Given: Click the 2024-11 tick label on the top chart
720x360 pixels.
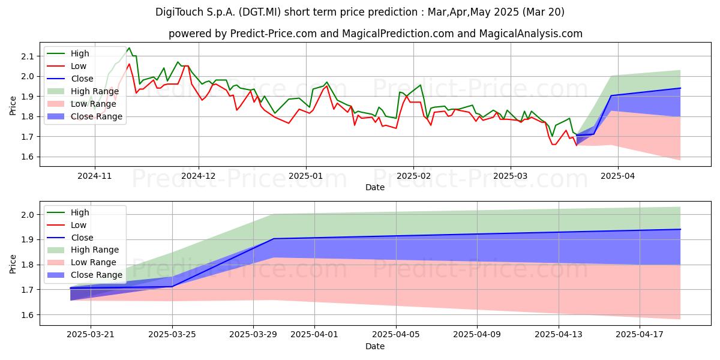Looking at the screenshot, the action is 95,176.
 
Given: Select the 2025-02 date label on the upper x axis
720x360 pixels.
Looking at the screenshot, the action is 413,176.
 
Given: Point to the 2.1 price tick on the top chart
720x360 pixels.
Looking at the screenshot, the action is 28,56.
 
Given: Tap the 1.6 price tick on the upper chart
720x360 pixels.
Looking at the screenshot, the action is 28,157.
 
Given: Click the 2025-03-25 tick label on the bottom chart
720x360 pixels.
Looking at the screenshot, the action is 172,334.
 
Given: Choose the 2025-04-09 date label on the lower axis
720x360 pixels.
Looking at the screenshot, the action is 477,334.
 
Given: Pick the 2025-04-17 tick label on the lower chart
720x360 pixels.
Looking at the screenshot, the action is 640,334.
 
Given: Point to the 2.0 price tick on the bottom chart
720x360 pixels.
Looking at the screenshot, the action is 28,215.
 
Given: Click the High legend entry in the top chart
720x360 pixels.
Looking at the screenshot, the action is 80,53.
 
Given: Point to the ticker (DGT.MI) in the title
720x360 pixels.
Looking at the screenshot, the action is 260,12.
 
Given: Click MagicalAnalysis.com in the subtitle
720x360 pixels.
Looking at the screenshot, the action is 530,34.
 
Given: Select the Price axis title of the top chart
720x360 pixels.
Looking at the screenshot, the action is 13,106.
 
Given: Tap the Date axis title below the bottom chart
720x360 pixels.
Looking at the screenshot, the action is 375,346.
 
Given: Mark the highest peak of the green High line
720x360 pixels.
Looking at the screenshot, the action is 129,48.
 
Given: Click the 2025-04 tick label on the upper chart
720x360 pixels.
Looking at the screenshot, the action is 618,176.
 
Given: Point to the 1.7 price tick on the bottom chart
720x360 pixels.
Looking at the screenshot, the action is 28,290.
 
